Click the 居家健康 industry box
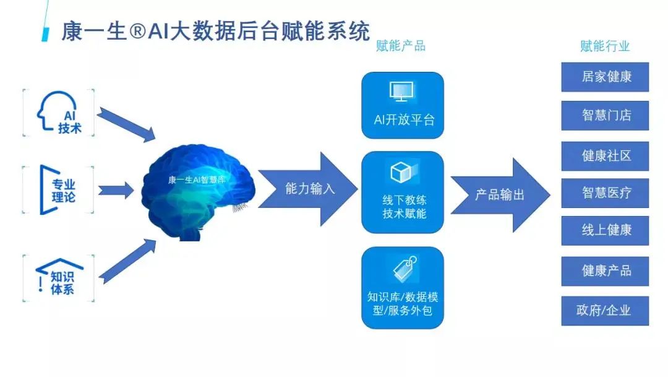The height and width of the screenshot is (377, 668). (x=605, y=77)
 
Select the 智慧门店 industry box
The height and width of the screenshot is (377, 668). (x=605, y=116)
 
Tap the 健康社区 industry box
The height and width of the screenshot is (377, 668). (x=605, y=156)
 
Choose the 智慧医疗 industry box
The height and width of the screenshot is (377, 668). (x=605, y=193)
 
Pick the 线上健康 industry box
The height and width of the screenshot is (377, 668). (x=605, y=231)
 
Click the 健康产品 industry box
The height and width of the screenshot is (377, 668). (x=605, y=271)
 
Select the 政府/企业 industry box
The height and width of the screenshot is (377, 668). (x=605, y=311)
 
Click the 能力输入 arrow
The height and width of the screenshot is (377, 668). (x=307, y=189)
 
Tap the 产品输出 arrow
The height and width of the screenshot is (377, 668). (x=500, y=196)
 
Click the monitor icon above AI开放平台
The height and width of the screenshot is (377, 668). (x=402, y=92)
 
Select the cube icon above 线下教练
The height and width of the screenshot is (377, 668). (x=401, y=172)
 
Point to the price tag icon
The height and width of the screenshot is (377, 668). (x=405, y=269)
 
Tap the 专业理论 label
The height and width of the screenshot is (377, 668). (x=64, y=191)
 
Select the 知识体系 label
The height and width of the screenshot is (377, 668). (x=62, y=283)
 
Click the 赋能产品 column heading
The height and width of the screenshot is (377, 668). (x=400, y=46)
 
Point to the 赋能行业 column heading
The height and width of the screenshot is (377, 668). (x=605, y=46)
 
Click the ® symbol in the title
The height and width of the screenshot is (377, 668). (x=137, y=32)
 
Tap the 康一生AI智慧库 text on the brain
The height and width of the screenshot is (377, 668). (x=197, y=180)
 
